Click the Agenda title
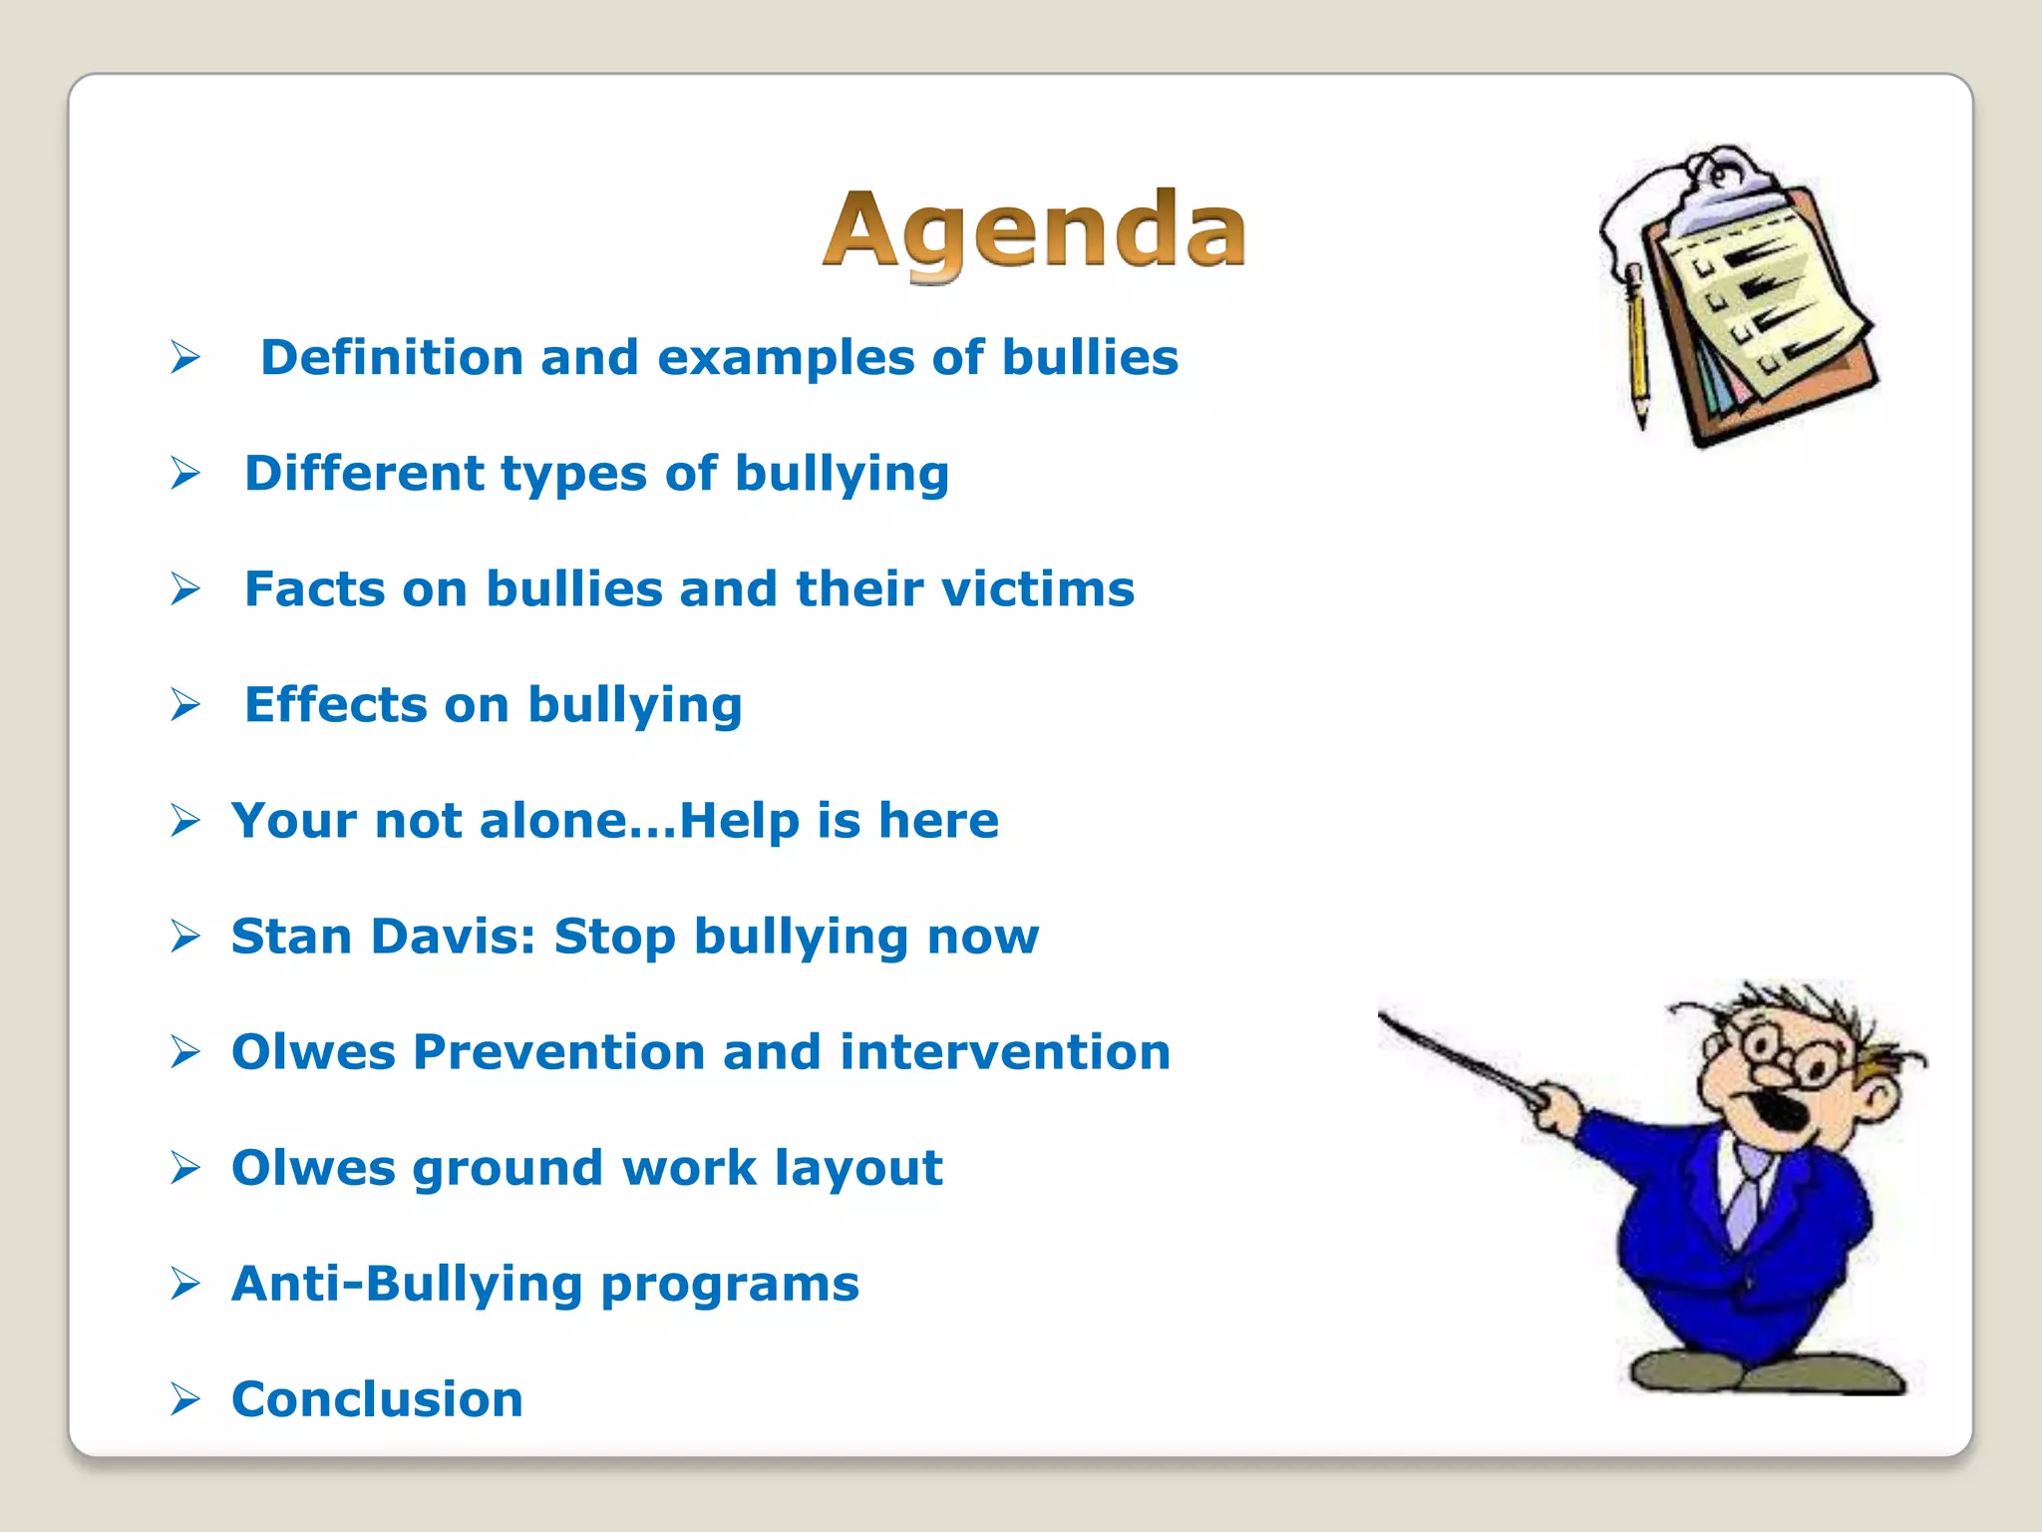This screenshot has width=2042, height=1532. point(1034,230)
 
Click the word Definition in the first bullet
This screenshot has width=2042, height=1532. point(392,357)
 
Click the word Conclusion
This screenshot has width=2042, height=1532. point(377,1399)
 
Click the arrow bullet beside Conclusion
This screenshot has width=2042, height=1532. point(185,1399)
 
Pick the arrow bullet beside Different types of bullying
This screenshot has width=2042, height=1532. point(185,473)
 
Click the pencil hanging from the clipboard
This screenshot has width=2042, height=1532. point(1636,349)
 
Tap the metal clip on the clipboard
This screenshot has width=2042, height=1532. point(1723,185)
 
